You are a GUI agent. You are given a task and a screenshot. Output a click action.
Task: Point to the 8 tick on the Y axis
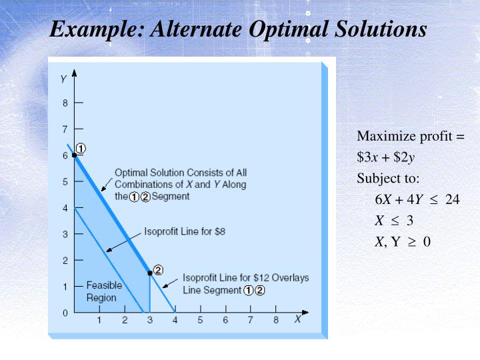click(65, 103)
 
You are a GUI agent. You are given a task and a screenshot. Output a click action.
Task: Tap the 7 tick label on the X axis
click(251, 321)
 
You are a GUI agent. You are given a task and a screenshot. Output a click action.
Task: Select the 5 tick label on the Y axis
click(65, 182)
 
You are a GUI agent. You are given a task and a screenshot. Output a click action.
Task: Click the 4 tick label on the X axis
click(175, 321)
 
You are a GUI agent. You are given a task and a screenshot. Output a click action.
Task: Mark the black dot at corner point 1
click(75, 155)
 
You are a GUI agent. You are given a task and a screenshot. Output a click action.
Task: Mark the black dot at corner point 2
click(150, 273)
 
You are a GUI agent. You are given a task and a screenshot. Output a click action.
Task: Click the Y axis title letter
click(63, 79)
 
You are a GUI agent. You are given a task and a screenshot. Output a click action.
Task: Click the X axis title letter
click(298, 319)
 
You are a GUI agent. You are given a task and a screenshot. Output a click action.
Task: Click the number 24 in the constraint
click(453, 199)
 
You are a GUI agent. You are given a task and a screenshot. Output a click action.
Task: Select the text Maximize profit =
click(410, 137)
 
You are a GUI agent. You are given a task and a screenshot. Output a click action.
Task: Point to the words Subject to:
click(388, 179)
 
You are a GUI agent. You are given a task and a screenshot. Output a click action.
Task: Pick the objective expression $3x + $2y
click(385, 157)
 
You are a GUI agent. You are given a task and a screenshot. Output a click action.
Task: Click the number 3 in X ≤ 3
click(410, 221)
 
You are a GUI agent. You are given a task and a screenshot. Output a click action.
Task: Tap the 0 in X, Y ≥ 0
click(427, 241)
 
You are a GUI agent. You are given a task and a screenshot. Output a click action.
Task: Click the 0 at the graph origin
click(65, 313)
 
